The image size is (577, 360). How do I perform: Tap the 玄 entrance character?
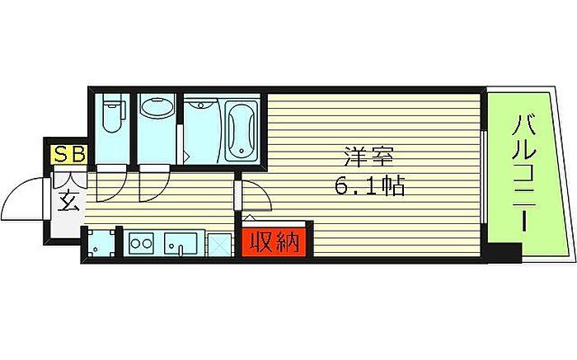click(68, 200)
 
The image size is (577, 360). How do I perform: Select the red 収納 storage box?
click(274, 242)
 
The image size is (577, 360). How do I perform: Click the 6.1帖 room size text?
click(368, 187)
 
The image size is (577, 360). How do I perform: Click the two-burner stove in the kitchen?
click(142, 244)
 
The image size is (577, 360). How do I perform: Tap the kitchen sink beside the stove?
click(180, 245)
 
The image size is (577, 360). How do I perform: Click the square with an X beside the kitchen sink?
click(218, 245)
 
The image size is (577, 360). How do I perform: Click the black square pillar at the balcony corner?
click(504, 253)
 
